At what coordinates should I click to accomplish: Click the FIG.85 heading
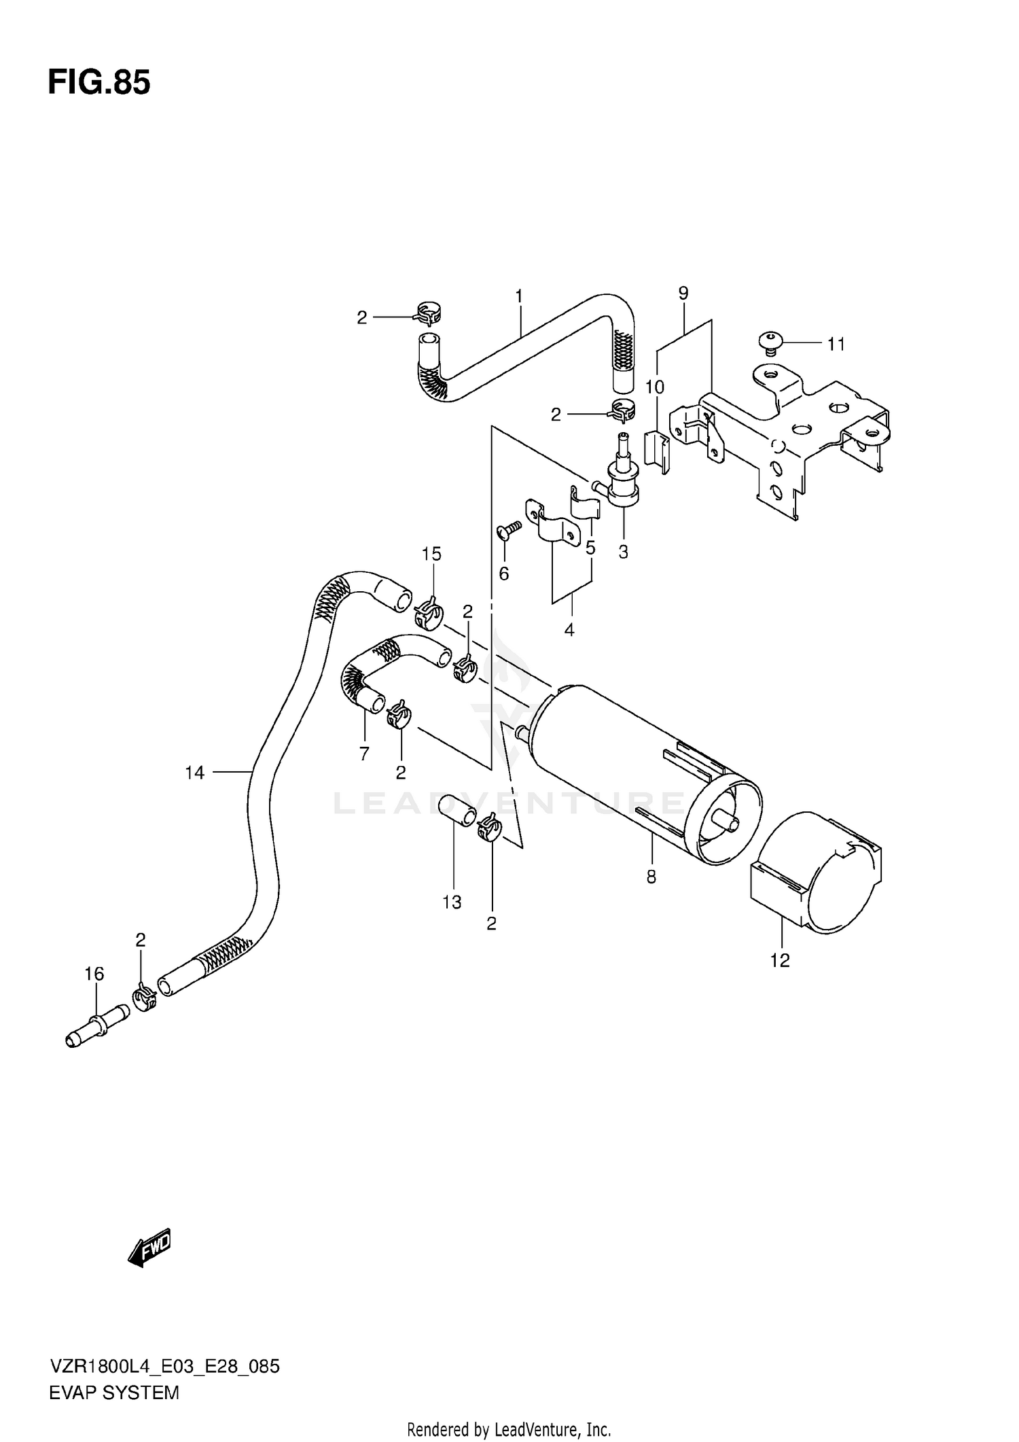point(99,83)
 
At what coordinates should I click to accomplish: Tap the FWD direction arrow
point(149,1247)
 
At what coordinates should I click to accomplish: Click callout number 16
point(94,974)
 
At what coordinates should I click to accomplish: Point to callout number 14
point(194,772)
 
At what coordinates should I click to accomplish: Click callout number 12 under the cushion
point(780,960)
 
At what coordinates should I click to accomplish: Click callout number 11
point(836,345)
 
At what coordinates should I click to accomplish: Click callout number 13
point(452,902)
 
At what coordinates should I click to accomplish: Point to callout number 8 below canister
point(651,877)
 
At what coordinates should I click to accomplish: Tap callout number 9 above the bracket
point(683,293)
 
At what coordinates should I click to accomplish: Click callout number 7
point(364,753)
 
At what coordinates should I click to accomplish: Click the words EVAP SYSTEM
point(114,1392)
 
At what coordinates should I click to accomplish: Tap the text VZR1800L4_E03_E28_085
point(164,1366)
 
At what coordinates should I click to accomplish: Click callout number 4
point(569,630)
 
